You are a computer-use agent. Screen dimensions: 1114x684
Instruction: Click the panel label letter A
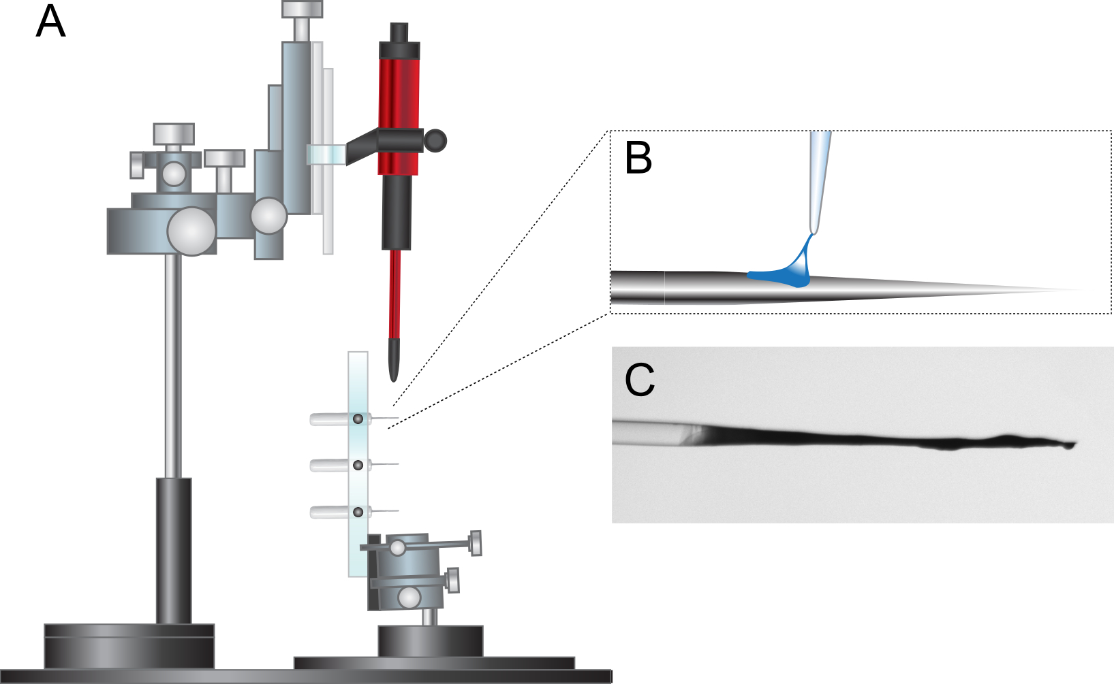(x=50, y=21)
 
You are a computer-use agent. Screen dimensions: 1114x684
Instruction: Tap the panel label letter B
(x=638, y=157)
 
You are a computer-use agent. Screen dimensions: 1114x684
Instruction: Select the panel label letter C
(x=640, y=380)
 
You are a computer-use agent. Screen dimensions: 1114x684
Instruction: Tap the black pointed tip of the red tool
(x=393, y=360)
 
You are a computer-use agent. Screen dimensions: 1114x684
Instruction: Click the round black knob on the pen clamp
(x=435, y=141)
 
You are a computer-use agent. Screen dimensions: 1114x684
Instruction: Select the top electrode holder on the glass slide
(x=354, y=419)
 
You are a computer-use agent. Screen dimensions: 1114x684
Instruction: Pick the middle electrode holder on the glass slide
(x=354, y=466)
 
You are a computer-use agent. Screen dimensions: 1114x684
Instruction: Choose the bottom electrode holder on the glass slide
(x=354, y=512)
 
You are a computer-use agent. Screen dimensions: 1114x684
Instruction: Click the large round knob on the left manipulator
(x=191, y=231)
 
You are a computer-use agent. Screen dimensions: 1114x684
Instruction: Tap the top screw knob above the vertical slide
(x=303, y=9)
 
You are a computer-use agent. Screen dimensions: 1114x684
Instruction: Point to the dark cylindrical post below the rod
(x=174, y=551)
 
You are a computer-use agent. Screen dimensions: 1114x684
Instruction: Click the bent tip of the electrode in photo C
(x=1069, y=445)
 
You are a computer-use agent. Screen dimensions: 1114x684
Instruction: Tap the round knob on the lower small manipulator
(x=409, y=598)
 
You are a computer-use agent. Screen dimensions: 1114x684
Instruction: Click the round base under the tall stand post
(x=129, y=647)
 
